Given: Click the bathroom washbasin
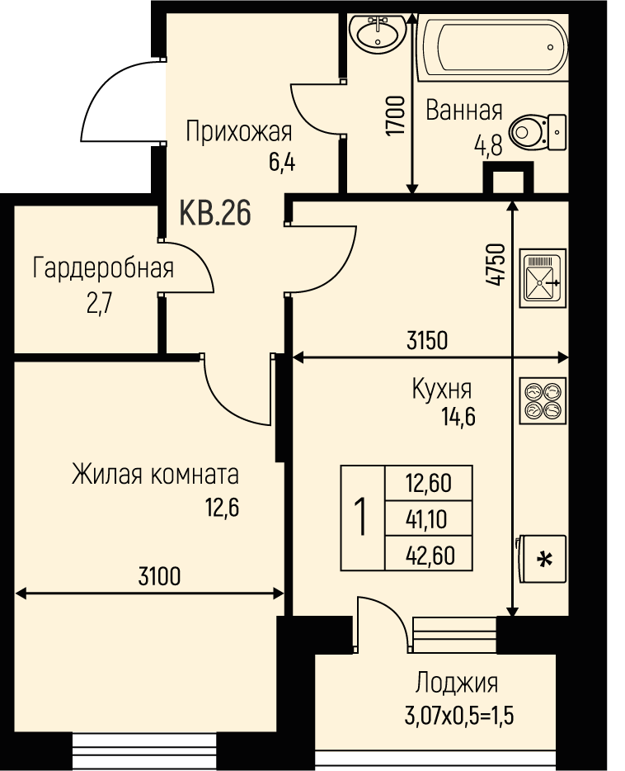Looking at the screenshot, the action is (x=377, y=32).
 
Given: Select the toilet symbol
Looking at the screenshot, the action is (x=538, y=133).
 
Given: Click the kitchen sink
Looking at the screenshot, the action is (x=543, y=278).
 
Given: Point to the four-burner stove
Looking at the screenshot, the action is (x=543, y=400).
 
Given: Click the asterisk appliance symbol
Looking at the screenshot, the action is (x=542, y=559).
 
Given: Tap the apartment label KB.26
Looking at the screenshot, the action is (x=215, y=213).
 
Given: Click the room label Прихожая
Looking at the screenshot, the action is (x=239, y=132).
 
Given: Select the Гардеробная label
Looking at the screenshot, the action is (x=103, y=268).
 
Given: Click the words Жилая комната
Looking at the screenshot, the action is (x=155, y=475).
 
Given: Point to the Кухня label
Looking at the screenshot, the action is (x=442, y=389).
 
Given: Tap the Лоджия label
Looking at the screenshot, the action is (x=457, y=683).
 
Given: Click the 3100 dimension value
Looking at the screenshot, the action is (x=160, y=576).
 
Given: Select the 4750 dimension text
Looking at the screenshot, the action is (x=495, y=264).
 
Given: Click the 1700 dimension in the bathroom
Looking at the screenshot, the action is (x=395, y=116).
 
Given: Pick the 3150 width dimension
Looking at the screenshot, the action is (x=428, y=340).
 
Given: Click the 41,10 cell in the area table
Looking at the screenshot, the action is (x=426, y=519).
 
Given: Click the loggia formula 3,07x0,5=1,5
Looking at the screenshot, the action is (x=459, y=716).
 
